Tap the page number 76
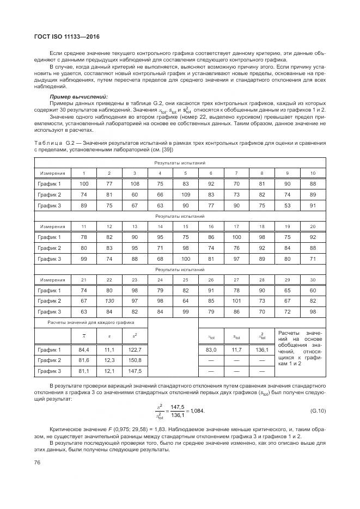pos(38,462)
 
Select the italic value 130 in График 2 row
pos(109,301)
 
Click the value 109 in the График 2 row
pos(186,194)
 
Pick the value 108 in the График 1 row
pos(135,183)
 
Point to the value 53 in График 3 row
pos(288,205)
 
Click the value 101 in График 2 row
pos(236,301)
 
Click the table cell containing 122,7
pos(135,349)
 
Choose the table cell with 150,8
pos(135,360)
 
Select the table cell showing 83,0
pos(211,349)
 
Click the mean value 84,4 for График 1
pos(84,349)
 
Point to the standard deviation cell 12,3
pos(109,360)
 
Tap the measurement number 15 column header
pos(186,226)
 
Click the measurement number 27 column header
pos(236,279)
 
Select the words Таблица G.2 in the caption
pos(52,143)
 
